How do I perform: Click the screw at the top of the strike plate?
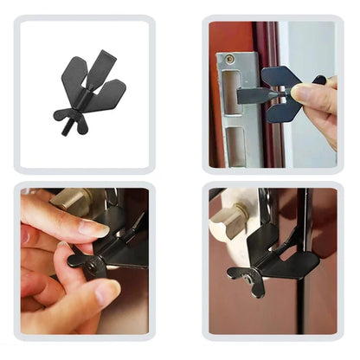pyautogui.click(x=231, y=59)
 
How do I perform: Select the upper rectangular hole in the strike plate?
pyautogui.click(x=229, y=87)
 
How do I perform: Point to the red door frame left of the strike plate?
pyautogui.click(x=214, y=104)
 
